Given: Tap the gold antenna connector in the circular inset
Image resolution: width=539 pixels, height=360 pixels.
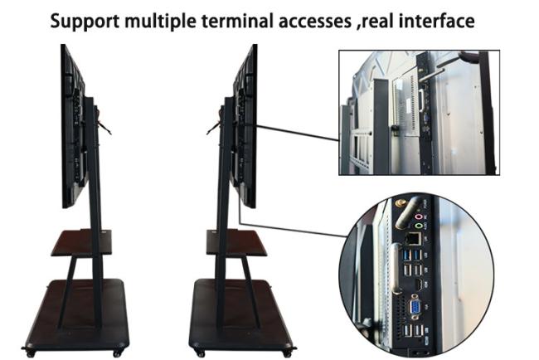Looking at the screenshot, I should (397, 202).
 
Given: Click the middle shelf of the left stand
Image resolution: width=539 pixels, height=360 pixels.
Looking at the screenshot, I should (80, 241).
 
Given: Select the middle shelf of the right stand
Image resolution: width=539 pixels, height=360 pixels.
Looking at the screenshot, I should (236, 241).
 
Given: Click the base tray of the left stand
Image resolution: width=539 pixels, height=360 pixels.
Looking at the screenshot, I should (76, 310).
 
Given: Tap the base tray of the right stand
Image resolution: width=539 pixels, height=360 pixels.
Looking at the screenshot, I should (240, 310).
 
